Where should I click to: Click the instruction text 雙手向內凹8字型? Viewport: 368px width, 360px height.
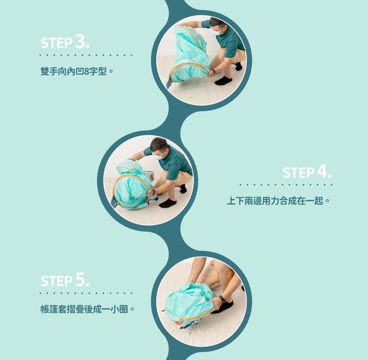pos(77,71)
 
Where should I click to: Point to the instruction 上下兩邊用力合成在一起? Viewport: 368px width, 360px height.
pos(279,201)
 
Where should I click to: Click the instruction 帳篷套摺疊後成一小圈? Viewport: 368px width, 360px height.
pos(87,309)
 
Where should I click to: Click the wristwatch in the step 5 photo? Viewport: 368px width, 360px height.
pos(222,299)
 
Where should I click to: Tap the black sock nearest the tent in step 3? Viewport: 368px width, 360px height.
pos(223,81)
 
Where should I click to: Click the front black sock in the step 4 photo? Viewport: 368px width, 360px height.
pos(168,203)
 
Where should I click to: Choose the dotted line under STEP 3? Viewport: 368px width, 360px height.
pos(86,56)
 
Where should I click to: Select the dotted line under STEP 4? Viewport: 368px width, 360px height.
pos(286,185)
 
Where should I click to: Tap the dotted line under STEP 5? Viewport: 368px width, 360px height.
pos(86,293)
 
